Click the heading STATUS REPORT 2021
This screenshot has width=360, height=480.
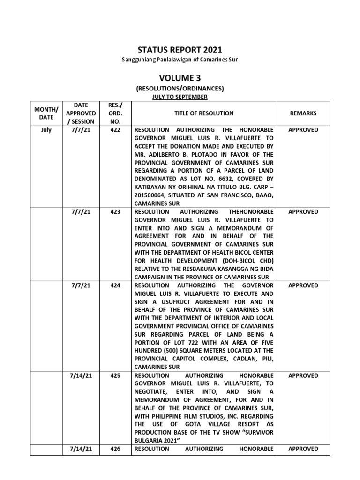(x=180, y=50)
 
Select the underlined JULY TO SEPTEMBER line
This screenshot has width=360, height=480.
(x=180, y=97)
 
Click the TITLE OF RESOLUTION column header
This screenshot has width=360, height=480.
(x=204, y=113)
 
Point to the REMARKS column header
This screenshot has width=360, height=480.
(x=303, y=113)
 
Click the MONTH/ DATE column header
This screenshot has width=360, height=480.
(x=46, y=113)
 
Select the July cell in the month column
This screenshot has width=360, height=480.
(x=46, y=130)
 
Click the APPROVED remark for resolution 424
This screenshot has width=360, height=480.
(x=303, y=285)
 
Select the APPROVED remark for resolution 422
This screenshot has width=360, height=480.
(x=303, y=130)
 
